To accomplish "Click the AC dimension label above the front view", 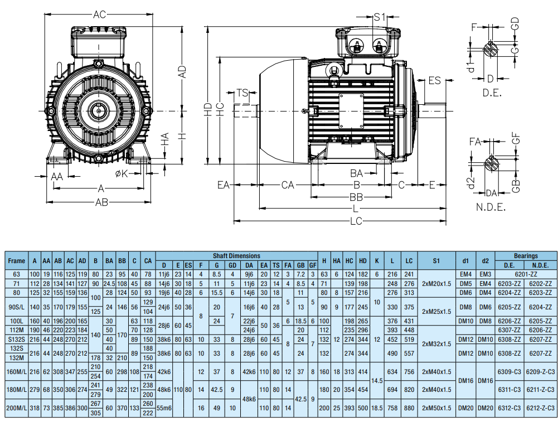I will click(x=99, y=15).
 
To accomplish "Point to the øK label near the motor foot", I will click(x=122, y=174).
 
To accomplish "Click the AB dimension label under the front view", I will click(x=101, y=202).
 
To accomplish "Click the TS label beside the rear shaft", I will click(x=242, y=93).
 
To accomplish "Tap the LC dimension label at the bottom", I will click(x=356, y=221).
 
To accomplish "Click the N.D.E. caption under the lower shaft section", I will click(x=491, y=207).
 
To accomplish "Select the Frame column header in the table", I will click(x=17, y=260).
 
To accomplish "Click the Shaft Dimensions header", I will click(x=237, y=255).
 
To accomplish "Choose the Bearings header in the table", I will click(x=525, y=255).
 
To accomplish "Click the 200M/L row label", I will click(x=17, y=408).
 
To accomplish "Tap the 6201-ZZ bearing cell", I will click(x=525, y=274).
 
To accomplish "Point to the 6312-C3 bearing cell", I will click(x=510, y=408).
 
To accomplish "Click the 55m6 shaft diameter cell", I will click(x=164, y=408).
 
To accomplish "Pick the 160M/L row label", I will click(x=17, y=371).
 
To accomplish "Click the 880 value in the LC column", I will click(x=409, y=408).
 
